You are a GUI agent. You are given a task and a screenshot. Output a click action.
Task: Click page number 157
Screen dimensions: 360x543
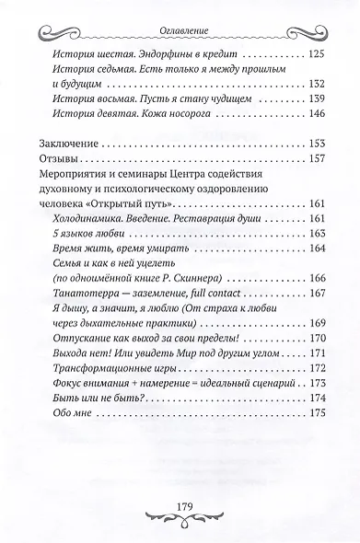pos(319,164)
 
